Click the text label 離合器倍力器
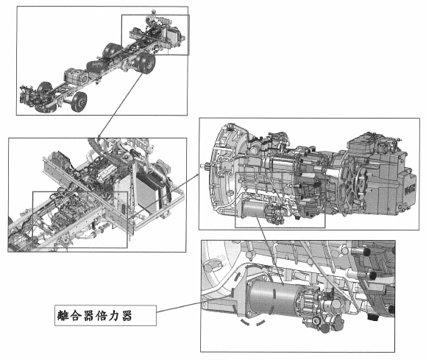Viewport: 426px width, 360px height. click(x=95, y=316)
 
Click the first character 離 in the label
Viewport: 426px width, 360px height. click(x=63, y=316)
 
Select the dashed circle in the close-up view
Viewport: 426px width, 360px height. click(x=252, y=294)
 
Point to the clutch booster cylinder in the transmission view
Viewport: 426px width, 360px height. click(x=253, y=208)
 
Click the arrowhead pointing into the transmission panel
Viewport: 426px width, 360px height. click(x=197, y=176)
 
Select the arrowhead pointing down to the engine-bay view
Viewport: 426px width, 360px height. click(x=99, y=136)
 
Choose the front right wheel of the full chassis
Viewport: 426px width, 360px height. click(x=79, y=102)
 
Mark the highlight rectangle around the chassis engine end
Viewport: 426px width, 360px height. click(x=155, y=35)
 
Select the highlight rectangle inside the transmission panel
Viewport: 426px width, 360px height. click(x=280, y=200)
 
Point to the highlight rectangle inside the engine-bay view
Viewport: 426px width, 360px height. click(x=80, y=219)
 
